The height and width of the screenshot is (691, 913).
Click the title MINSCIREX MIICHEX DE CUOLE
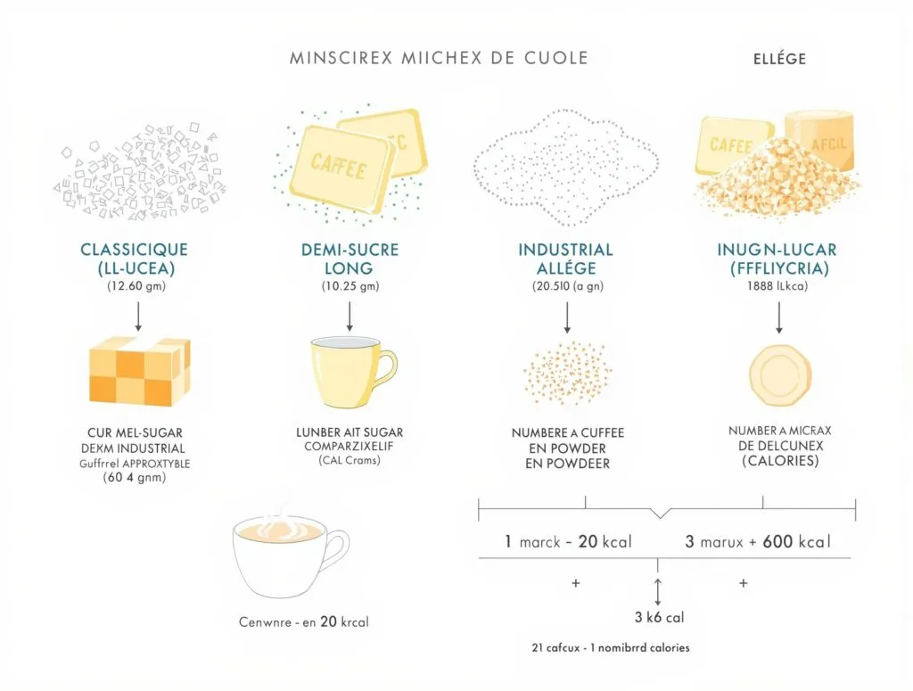439,58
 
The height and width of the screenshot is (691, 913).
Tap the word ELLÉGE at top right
773,59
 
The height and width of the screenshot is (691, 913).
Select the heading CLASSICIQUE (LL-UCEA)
134,258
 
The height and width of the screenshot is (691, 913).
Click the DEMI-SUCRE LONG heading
350,258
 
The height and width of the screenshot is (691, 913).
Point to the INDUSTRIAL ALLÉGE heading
565,258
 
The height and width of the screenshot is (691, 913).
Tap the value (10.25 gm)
350,286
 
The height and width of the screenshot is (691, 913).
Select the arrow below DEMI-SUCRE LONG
350,315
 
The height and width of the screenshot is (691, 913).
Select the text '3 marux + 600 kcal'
757,541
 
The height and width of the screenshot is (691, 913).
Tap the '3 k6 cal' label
659,616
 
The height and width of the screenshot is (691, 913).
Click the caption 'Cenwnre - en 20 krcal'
304,621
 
